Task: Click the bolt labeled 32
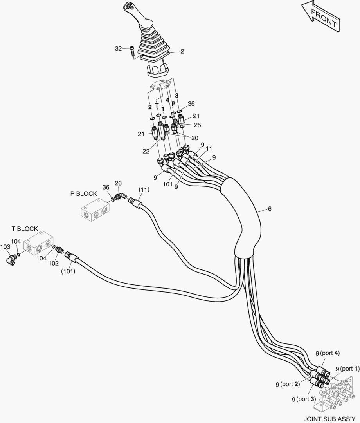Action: (x=132, y=51)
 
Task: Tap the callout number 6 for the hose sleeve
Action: (x=270, y=209)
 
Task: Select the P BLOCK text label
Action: (x=83, y=194)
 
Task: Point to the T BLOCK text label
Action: (x=25, y=229)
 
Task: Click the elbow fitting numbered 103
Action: (x=11, y=259)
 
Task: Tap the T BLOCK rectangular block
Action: (x=38, y=244)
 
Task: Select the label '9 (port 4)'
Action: (x=328, y=352)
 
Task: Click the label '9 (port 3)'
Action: (x=304, y=399)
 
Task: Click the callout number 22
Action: (x=146, y=151)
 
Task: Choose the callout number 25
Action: (x=198, y=125)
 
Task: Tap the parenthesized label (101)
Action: (x=68, y=271)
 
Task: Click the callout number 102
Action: (x=54, y=263)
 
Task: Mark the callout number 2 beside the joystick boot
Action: (x=182, y=51)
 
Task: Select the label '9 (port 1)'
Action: (x=347, y=369)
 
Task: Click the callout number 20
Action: (x=195, y=138)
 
